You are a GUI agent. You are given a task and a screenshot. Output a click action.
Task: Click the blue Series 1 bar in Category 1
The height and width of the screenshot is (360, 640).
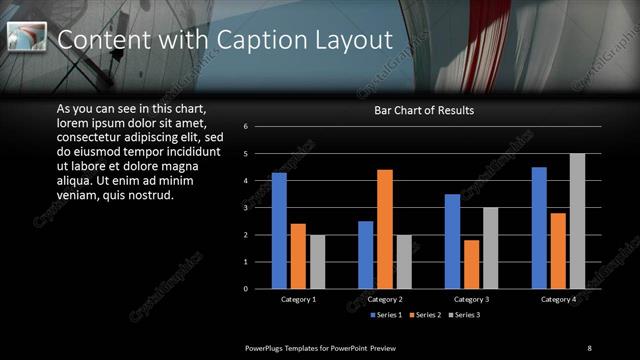(279, 231)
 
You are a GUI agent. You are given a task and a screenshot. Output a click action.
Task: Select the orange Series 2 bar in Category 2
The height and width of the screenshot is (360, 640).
(385, 229)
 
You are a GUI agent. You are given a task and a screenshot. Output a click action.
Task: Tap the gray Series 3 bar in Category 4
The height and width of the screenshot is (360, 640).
(577, 221)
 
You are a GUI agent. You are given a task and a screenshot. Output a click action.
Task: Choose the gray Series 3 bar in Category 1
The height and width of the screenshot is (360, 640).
(317, 262)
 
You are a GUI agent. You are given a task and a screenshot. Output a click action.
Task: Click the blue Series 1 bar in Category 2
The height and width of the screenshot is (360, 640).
(366, 255)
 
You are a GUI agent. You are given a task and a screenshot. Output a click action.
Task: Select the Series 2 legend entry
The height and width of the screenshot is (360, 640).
(427, 316)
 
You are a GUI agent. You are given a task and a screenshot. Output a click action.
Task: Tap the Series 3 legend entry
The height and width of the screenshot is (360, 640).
(466, 316)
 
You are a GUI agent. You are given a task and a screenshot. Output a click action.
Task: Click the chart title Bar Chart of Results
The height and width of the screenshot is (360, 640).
(424, 110)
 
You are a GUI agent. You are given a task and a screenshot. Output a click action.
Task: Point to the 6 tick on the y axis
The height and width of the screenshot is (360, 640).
(259, 127)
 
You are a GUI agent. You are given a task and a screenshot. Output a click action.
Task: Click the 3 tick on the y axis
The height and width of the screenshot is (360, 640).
(259, 208)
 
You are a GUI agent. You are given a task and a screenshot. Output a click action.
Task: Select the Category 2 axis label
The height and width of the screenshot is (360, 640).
(385, 299)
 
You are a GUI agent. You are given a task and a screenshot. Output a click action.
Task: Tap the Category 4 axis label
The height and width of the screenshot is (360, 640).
(558, 299)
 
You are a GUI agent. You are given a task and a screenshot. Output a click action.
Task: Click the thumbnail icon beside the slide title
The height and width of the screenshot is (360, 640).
(27, 38)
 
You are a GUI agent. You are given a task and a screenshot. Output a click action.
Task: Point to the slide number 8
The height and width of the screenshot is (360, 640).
(589, 347)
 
